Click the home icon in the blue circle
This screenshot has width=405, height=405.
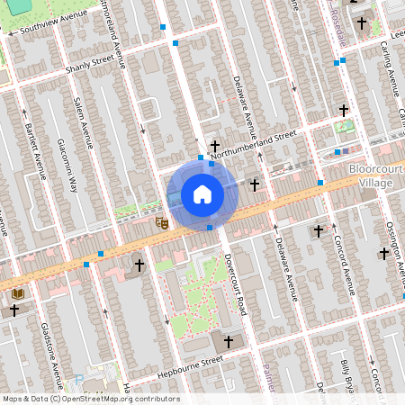[202, 194]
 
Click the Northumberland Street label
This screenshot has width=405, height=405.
[260, 138]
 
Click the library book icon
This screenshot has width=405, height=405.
[18, 293]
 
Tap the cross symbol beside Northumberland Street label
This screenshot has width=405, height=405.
[215, 145]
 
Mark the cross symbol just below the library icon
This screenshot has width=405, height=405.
[14, 310]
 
